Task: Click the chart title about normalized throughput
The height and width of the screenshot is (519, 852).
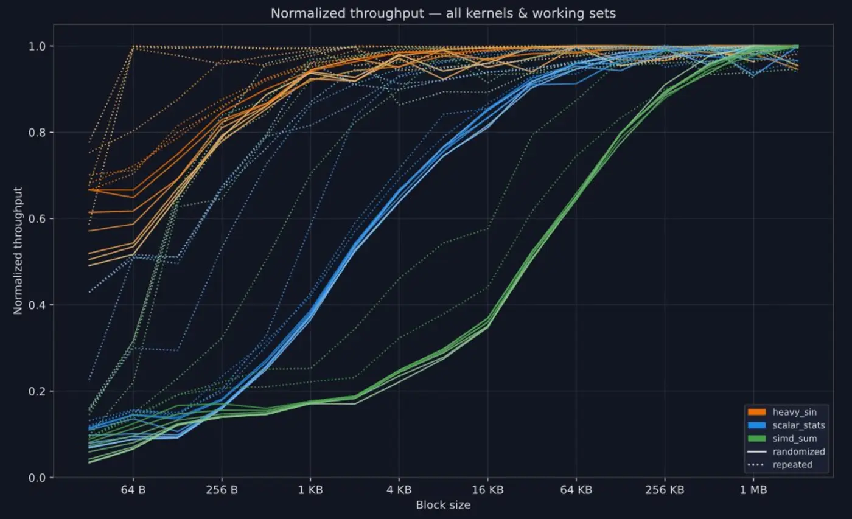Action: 443,13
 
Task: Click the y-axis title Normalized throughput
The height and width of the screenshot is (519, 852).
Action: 18,251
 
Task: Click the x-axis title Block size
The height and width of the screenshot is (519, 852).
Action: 443,505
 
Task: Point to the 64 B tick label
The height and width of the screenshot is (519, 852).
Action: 133,490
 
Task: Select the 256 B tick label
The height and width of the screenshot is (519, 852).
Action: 222,490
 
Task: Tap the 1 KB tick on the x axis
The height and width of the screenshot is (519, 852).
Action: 310,490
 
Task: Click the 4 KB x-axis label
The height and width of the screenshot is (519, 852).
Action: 399,490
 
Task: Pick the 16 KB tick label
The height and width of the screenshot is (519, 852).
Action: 487,490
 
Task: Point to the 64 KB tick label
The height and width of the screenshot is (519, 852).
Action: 576,490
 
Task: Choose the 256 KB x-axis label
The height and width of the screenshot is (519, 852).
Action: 665,490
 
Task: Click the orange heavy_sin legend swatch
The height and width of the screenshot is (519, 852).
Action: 756,413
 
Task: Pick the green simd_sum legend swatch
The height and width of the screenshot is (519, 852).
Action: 756,438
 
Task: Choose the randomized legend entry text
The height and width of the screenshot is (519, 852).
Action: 798,451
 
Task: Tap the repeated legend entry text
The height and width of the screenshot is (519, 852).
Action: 792,464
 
